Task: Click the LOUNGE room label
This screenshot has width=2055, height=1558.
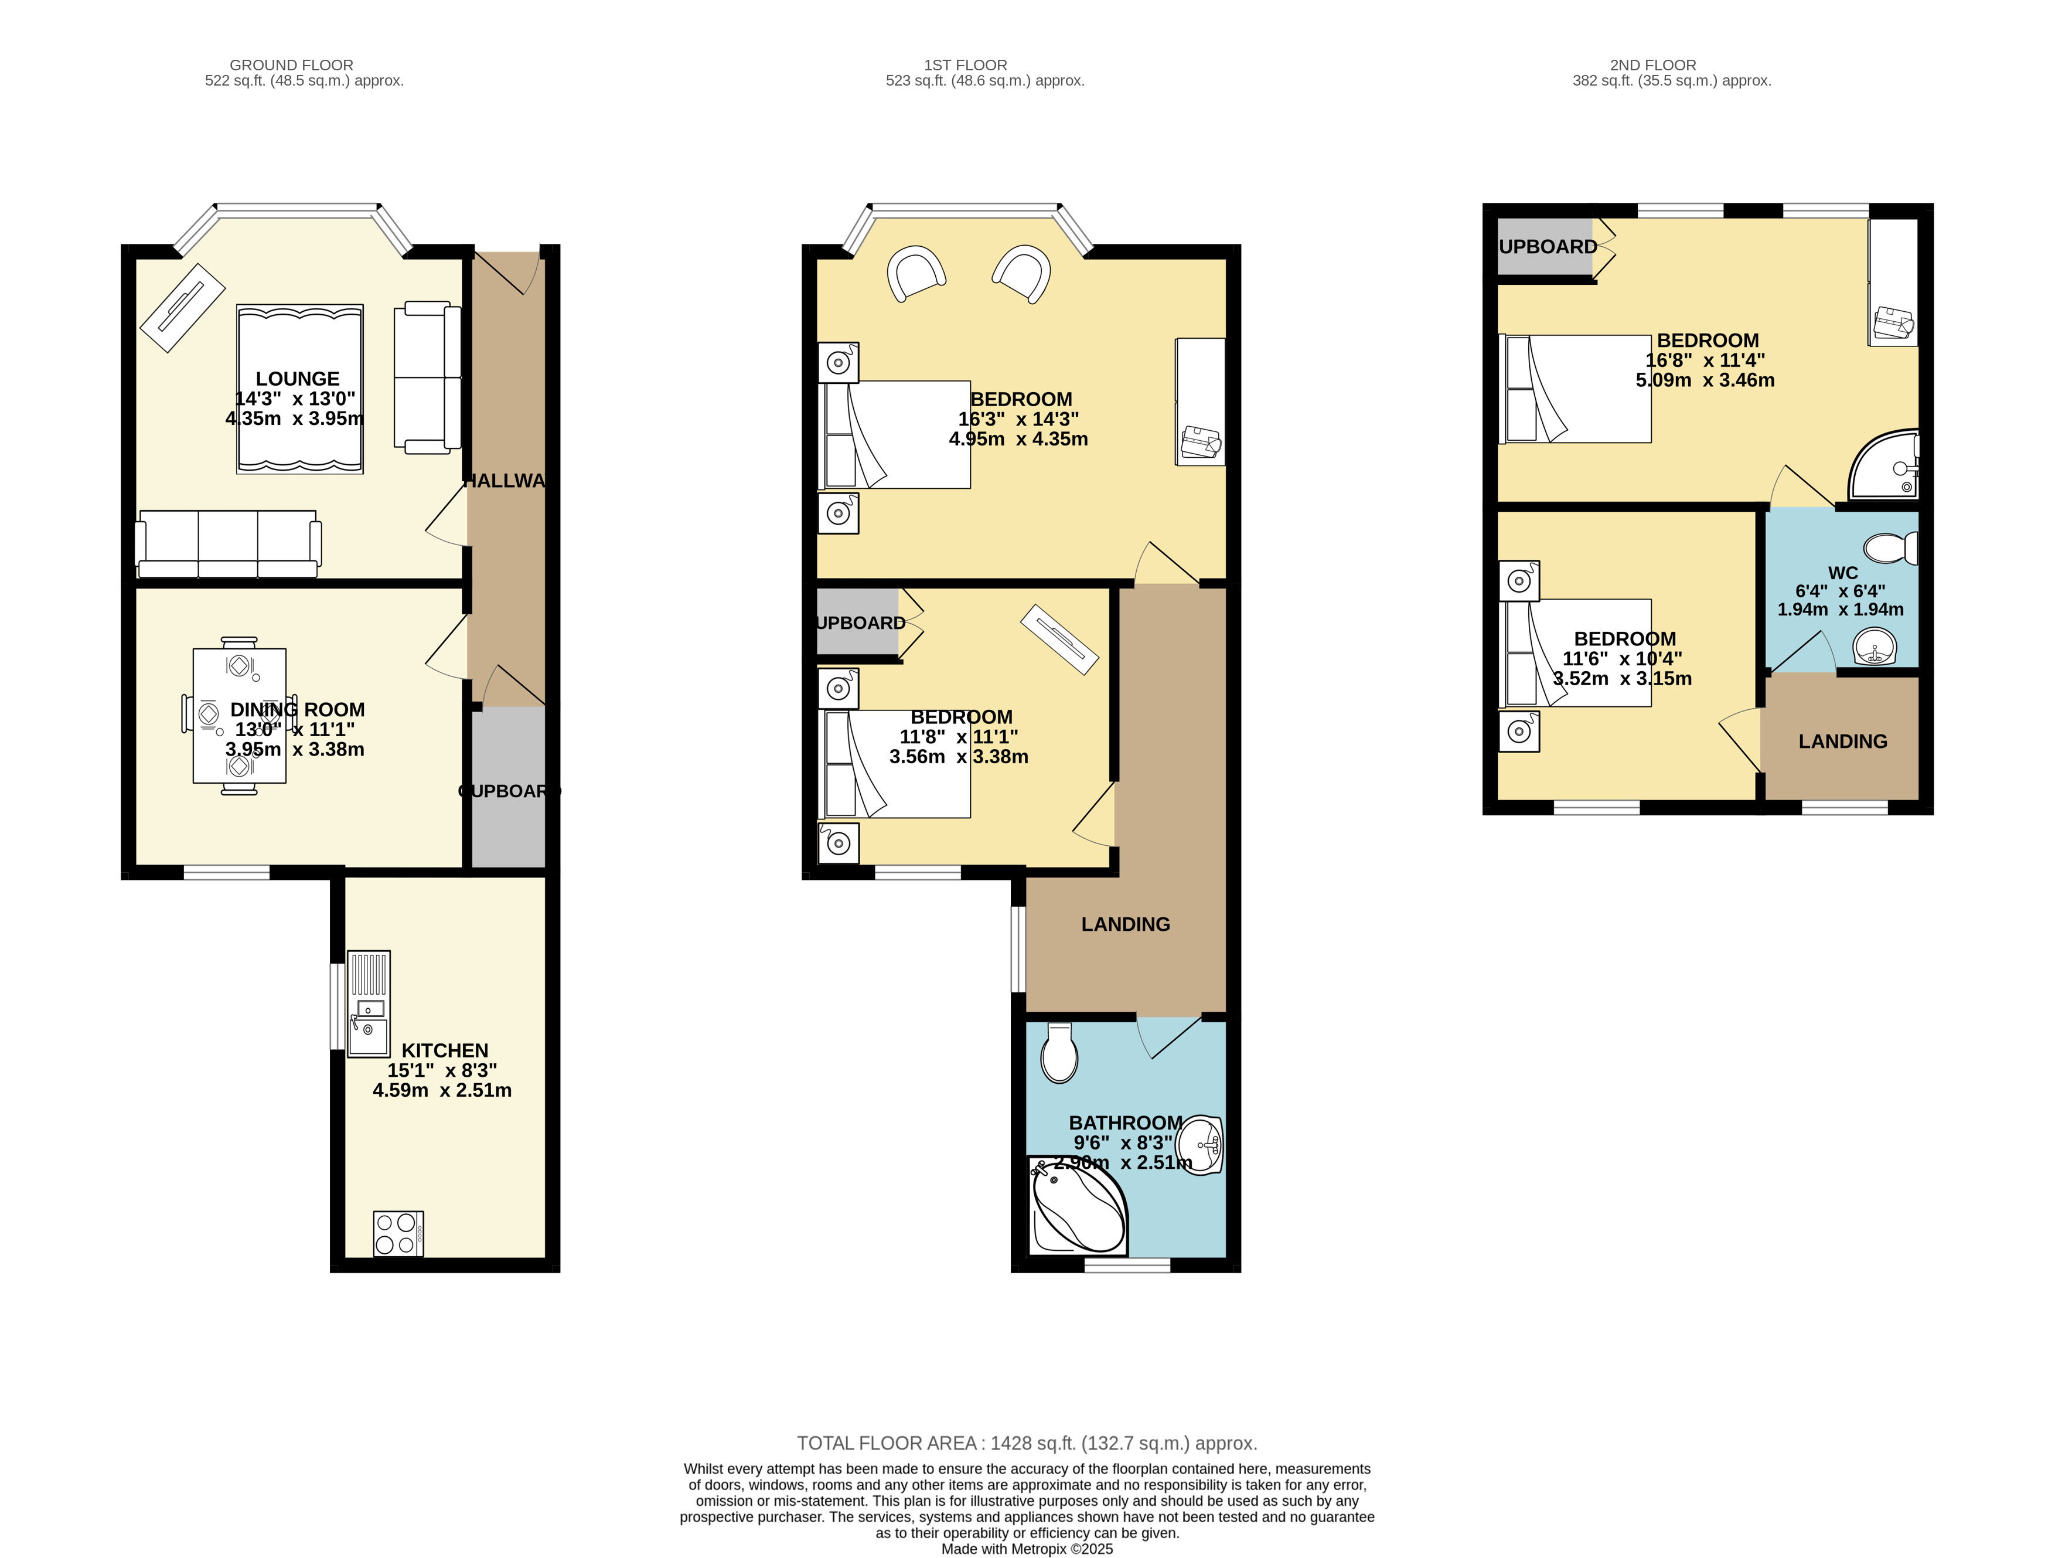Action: (x=297, y=379)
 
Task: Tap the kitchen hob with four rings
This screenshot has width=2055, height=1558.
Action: (x=398, y=1234)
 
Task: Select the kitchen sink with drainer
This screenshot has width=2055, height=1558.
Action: (x=369, y=1003)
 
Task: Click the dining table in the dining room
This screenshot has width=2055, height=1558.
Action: (x=240, y=715)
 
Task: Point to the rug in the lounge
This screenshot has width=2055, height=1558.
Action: (x=299, y=389)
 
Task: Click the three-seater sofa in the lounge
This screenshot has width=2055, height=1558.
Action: (x=229, y=543)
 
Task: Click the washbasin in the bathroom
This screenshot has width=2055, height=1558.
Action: (x=1200, y=1145)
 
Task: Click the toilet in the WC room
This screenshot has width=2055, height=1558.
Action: (x=1890, y=548)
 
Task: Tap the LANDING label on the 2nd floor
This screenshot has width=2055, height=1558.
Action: (x=1842, y=741)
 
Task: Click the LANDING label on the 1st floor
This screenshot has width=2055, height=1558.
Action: (x=1125, y=924)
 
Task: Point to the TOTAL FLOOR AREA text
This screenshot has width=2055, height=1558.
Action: (x=1027, y=1443)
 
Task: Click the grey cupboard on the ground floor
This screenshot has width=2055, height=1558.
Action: (x=508, y=788)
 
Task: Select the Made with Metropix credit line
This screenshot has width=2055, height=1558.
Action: (x=1027, y=1549)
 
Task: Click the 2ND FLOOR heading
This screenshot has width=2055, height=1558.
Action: (x=1653, y=65)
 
